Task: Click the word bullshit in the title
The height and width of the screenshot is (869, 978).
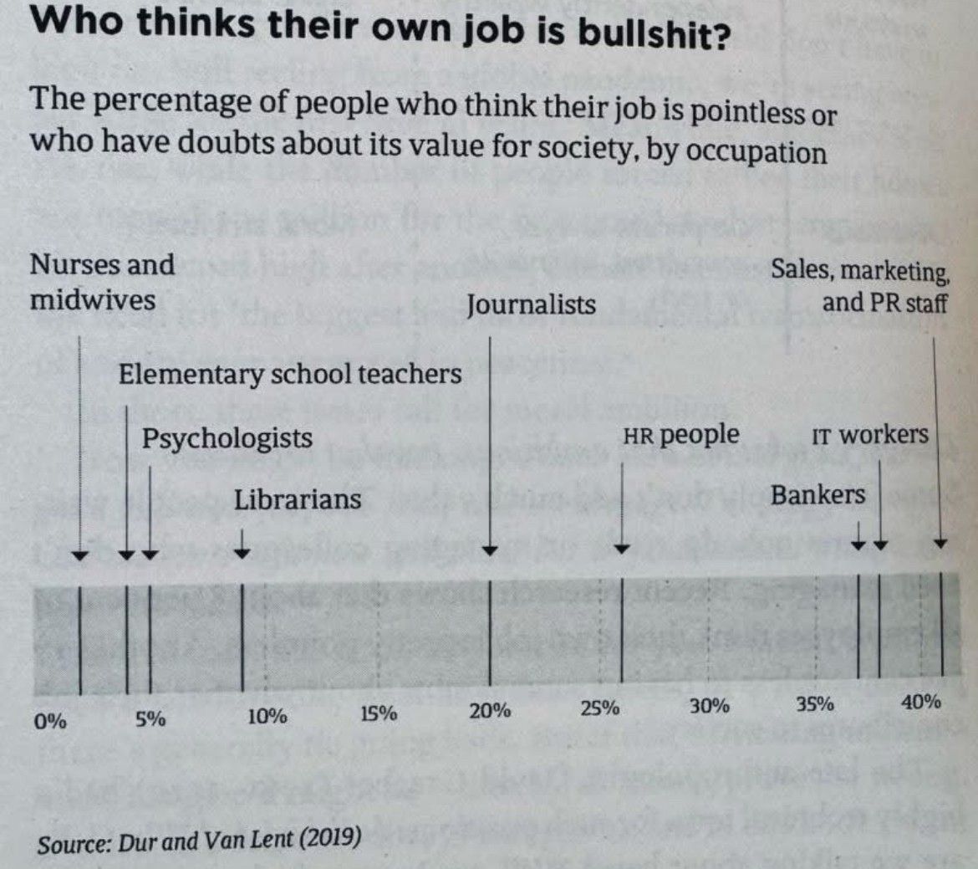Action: [653, 33]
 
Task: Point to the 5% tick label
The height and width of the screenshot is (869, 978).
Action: [151, 719]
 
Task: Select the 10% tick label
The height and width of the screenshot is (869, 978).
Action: [267, 716]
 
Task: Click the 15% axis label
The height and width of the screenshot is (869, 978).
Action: [379, 713]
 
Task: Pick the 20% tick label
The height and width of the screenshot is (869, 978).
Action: [490, 710]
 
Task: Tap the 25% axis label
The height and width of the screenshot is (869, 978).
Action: [600, 708]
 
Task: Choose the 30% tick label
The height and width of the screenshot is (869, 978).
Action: [710, 706]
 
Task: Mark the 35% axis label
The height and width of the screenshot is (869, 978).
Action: [815, 704]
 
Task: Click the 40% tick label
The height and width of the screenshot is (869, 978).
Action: [921, 702]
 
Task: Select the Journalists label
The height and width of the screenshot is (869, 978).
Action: [532, 304]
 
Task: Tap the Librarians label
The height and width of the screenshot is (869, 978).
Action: [298, 499]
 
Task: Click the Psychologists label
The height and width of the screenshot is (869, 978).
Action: [227, 439]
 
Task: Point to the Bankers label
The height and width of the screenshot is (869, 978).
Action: [818, 495]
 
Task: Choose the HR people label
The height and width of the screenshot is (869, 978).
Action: [681, 435]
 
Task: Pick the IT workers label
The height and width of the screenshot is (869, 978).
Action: [870, 435]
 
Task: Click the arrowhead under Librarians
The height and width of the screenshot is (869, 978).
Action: [242, 552]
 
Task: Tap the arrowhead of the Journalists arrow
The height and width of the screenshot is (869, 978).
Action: [491, 550]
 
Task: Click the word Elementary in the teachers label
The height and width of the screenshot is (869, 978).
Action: [191, 375]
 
